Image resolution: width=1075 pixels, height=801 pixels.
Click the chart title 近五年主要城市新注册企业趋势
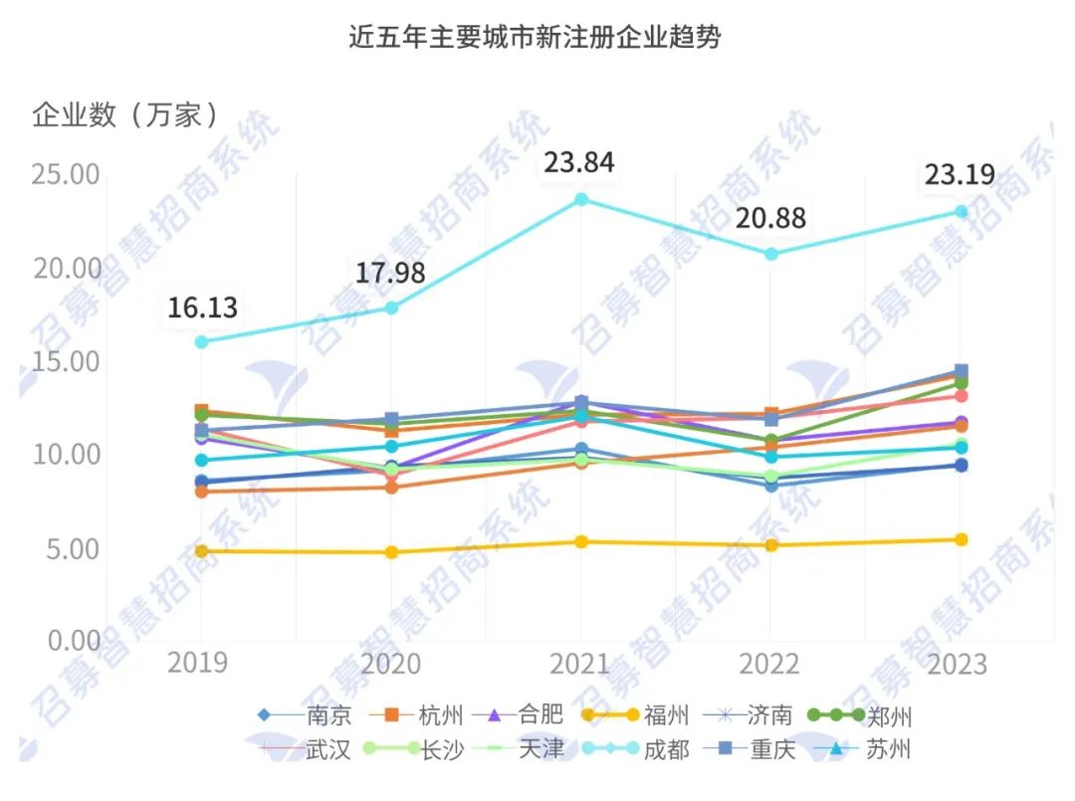pos(535,38)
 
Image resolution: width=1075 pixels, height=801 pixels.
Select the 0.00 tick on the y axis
pos(74,640)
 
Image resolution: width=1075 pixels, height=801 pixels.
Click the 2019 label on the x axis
pos(197,664)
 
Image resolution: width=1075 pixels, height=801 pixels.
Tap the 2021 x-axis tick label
pos(579,664)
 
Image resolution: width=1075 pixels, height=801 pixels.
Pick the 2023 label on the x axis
pos(959,664)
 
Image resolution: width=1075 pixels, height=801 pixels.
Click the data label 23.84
pos(578,162)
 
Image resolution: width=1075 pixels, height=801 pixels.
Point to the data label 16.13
pos(202,307)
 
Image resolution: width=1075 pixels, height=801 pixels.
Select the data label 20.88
pos(770,218)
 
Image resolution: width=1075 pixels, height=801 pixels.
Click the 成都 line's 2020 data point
pos(391,307)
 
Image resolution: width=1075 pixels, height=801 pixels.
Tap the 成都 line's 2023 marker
pos(961,212)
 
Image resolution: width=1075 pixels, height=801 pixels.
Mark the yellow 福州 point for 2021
pos(581,542)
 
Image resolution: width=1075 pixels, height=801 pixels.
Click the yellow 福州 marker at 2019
pos(201,551)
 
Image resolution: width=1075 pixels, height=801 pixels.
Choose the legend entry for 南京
pos(305,715)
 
